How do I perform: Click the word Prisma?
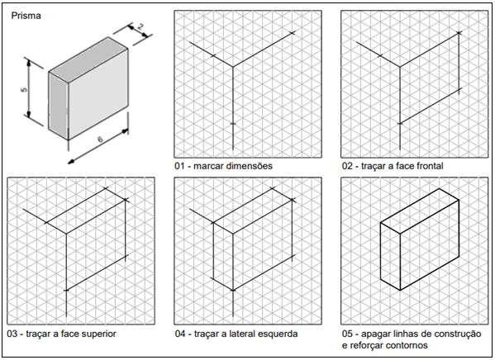(26, 16)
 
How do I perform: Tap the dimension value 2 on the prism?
(140, 26)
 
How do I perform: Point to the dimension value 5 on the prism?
(24, 90)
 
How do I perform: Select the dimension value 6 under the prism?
(100, 139)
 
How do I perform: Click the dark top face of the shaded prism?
(88, 59)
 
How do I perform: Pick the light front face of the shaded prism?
(98, 94)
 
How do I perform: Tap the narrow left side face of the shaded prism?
(59, 106)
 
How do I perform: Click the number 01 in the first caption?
(179, 166)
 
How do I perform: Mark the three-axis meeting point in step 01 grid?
(233, 67)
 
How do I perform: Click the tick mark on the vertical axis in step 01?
(233, 123)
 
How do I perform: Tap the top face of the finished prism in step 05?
(420, 211)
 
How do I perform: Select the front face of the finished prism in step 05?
(430, 245)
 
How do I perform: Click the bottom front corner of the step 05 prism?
(400, 290)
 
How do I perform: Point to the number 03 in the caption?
(12, 334)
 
